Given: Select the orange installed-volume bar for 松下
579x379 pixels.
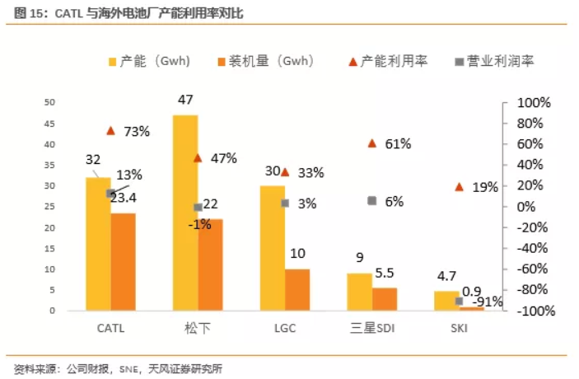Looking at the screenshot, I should (x=210, y=264).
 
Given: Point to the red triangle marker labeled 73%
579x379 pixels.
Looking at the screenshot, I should (x=110, y=131).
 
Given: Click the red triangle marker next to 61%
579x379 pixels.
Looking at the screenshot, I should (x=371, y=143).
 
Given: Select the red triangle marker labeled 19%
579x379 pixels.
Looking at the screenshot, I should (x=459, y=187).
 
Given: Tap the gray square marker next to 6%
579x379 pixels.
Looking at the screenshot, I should (x=372, y=201).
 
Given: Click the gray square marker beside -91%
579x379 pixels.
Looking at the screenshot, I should (x=460, y=302).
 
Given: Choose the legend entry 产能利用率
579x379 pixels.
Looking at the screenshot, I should (x=388, y=61).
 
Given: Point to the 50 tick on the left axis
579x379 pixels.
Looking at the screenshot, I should (x=49, y=102).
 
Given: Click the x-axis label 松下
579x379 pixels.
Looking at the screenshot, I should (x=197, y=327).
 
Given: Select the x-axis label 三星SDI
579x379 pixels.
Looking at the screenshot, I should (x=372, y=327).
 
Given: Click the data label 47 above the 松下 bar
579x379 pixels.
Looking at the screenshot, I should (x=184, y=100).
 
